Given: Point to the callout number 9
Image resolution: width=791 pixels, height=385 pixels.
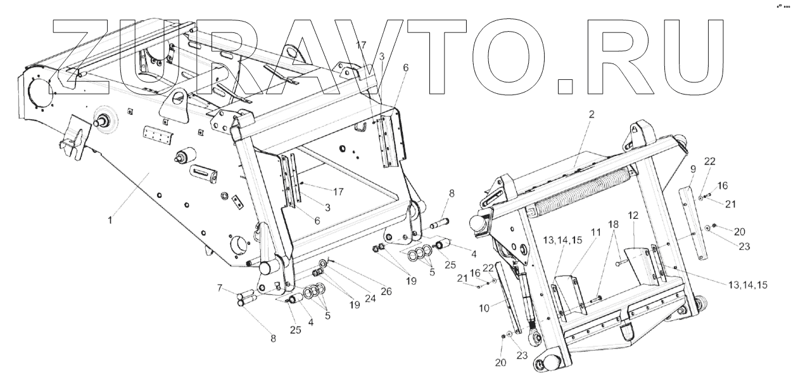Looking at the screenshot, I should pos(693,169).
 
